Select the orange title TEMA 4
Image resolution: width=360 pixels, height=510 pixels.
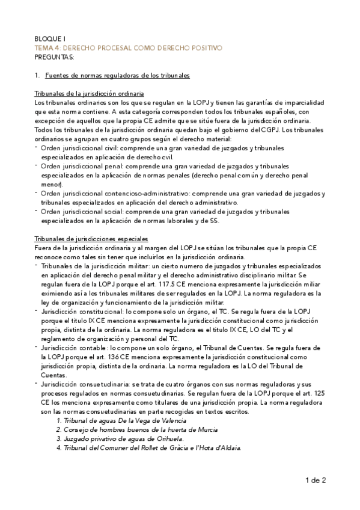[128, 47]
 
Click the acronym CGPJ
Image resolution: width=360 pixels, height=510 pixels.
[270, 129]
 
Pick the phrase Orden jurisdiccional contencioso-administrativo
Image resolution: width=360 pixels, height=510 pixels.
[114, 194]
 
